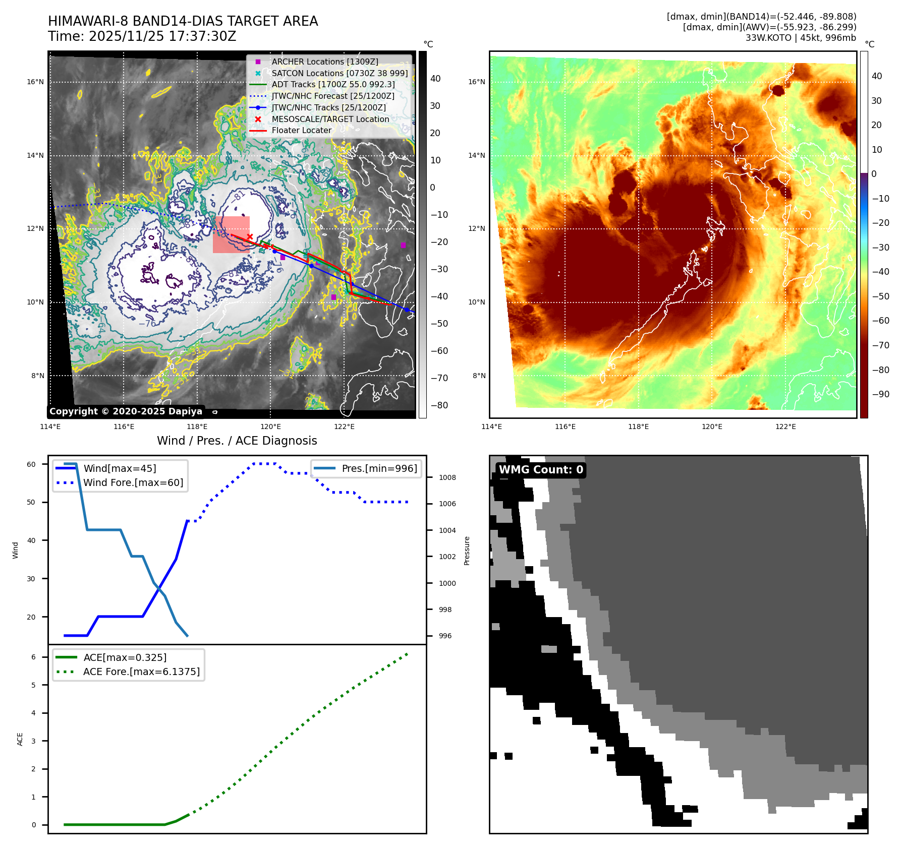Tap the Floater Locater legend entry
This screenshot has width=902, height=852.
[301, 130]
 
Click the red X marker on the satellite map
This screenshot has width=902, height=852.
[250, 236]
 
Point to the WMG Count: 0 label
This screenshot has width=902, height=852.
[541, 470]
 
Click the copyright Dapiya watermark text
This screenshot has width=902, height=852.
[126, 411]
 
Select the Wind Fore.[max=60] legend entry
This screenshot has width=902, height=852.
[133, 482]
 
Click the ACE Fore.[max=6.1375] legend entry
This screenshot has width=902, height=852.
[141, 672]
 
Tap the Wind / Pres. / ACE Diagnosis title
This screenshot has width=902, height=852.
[237, 441]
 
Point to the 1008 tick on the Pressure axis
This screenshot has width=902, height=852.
[447, 477]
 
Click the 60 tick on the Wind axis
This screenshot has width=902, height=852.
[31, 464]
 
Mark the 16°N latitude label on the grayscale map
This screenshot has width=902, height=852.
[35, 82]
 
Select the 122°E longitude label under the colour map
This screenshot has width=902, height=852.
[785, 427]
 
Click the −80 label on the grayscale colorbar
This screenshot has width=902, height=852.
[439, 405]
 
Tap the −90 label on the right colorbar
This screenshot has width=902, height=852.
[880, 394]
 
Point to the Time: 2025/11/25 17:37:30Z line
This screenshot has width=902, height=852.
[142, 36]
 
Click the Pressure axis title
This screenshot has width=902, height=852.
[467, 551]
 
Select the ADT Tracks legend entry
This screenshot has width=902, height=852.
[333, 84]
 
